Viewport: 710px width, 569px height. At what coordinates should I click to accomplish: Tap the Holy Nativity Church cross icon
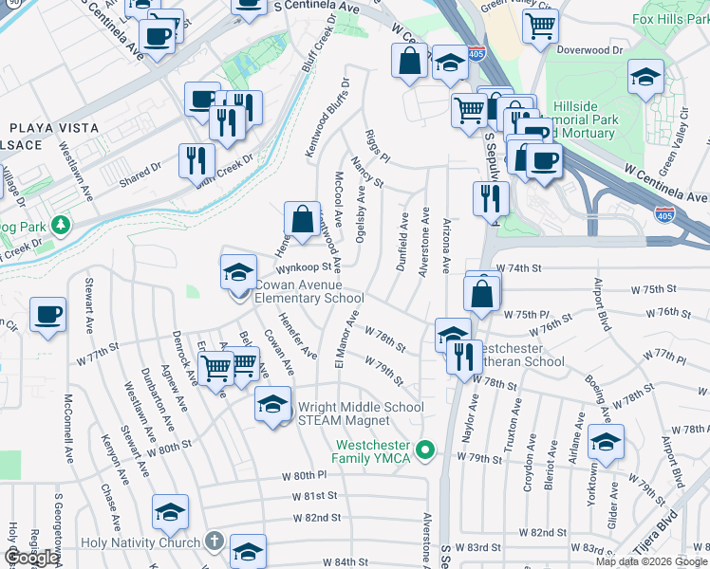tap(215, 542)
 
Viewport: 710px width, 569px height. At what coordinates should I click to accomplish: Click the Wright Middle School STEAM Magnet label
tap(361, 413)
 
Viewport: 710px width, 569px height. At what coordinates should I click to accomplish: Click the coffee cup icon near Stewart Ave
tap(47, 314)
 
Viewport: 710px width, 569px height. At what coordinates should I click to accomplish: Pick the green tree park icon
tap(61, 225)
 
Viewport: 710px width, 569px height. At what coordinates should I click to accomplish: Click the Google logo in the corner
tap(31, 558)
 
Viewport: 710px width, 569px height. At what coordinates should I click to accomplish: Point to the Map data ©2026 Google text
tap(650, 561)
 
